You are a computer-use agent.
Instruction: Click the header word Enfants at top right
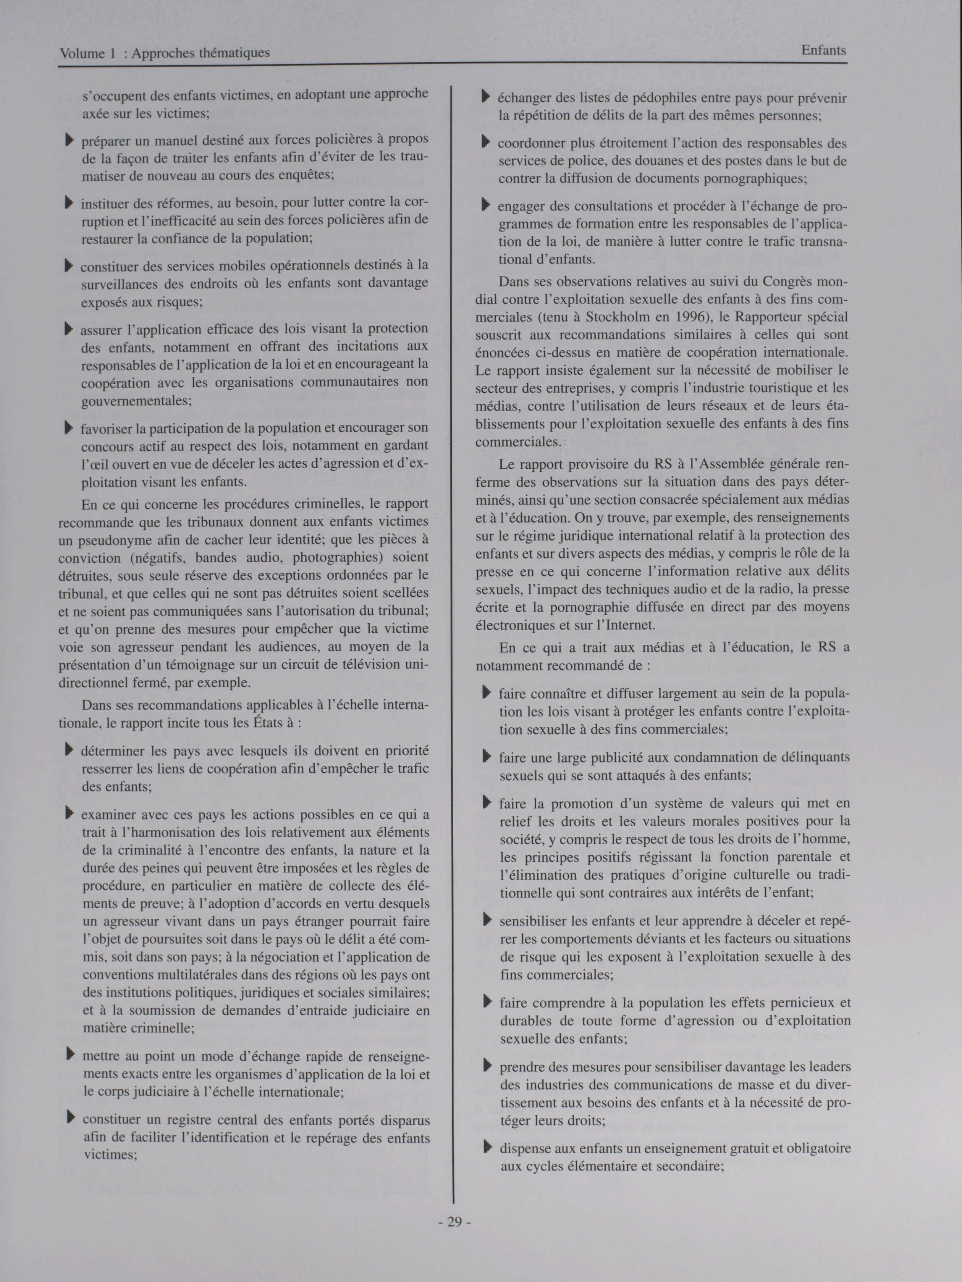[823, 50]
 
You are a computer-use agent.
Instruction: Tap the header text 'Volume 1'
[83, 53]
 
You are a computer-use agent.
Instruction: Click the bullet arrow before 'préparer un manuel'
[70, 140]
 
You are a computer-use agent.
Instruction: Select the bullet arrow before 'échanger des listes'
[486, 97]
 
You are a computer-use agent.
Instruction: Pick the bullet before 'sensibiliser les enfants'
[487, 920]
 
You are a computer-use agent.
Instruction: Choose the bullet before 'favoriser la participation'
[69, 428]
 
